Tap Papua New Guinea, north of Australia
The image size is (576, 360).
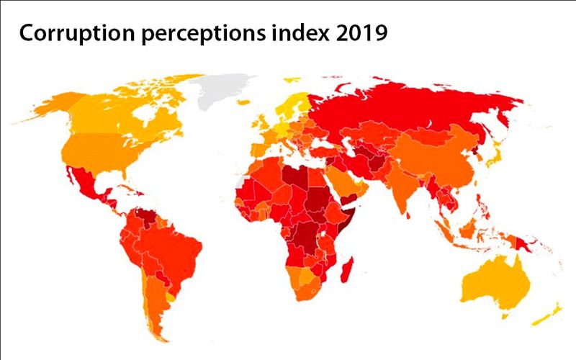point(530,242)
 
